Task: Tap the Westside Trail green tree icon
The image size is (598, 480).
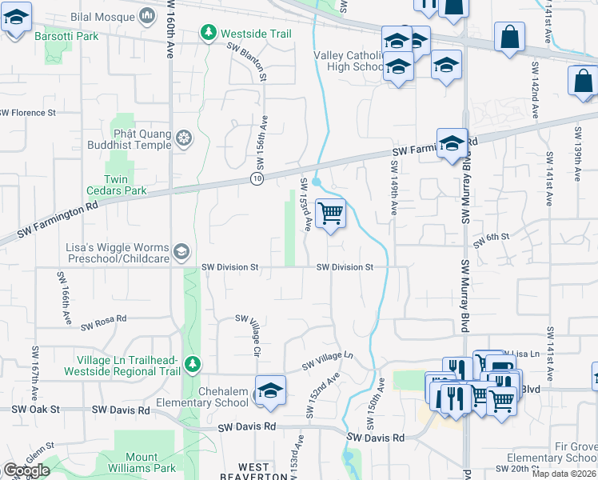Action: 209,34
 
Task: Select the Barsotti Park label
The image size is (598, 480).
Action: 65,36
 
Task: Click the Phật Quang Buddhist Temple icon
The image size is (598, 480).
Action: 184,138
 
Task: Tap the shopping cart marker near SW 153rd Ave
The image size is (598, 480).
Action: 330,214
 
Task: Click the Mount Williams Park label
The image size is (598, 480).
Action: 142,462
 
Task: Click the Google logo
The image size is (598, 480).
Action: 26,470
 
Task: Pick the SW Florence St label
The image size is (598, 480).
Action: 27,113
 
